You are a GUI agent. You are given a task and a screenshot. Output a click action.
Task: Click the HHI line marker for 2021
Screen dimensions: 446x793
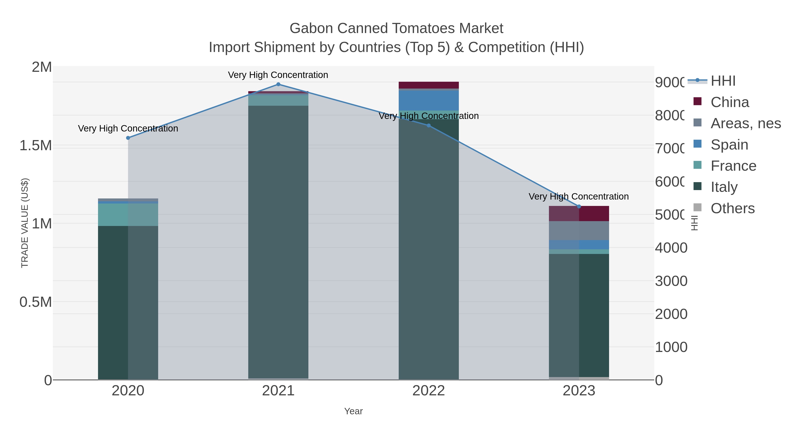[x=278, y=84]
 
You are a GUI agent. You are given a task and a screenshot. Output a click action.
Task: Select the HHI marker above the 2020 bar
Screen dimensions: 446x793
[x=128, y=138]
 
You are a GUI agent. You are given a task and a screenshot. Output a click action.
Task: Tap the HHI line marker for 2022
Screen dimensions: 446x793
[x=428, y=126]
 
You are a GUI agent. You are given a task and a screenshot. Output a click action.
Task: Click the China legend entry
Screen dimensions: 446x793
[x=729, y=102]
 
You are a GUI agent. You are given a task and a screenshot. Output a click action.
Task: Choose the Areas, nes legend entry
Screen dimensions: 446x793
[x=745, y=123]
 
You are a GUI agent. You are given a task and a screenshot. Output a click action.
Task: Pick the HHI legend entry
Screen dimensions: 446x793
[x=723, y=81]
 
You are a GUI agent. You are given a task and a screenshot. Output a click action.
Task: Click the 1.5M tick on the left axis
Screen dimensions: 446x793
[x=36, y=146]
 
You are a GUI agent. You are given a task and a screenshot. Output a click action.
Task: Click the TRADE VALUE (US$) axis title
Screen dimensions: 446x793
[x=25, y=223]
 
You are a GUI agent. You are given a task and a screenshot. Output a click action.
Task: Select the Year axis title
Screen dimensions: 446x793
[x=353, y=411]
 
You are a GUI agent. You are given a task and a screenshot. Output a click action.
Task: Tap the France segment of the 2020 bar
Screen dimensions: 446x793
[x=128, y=215]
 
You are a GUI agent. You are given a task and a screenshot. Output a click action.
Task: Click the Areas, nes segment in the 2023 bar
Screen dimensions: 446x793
[x=579, y=231]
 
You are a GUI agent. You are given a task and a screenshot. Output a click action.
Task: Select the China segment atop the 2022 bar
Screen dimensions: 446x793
[x=428, y=85]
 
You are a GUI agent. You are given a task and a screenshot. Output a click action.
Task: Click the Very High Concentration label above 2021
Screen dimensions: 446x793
[x=278, y=75]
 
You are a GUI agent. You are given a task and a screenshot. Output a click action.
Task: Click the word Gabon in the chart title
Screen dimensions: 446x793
[x=311, y=28]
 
